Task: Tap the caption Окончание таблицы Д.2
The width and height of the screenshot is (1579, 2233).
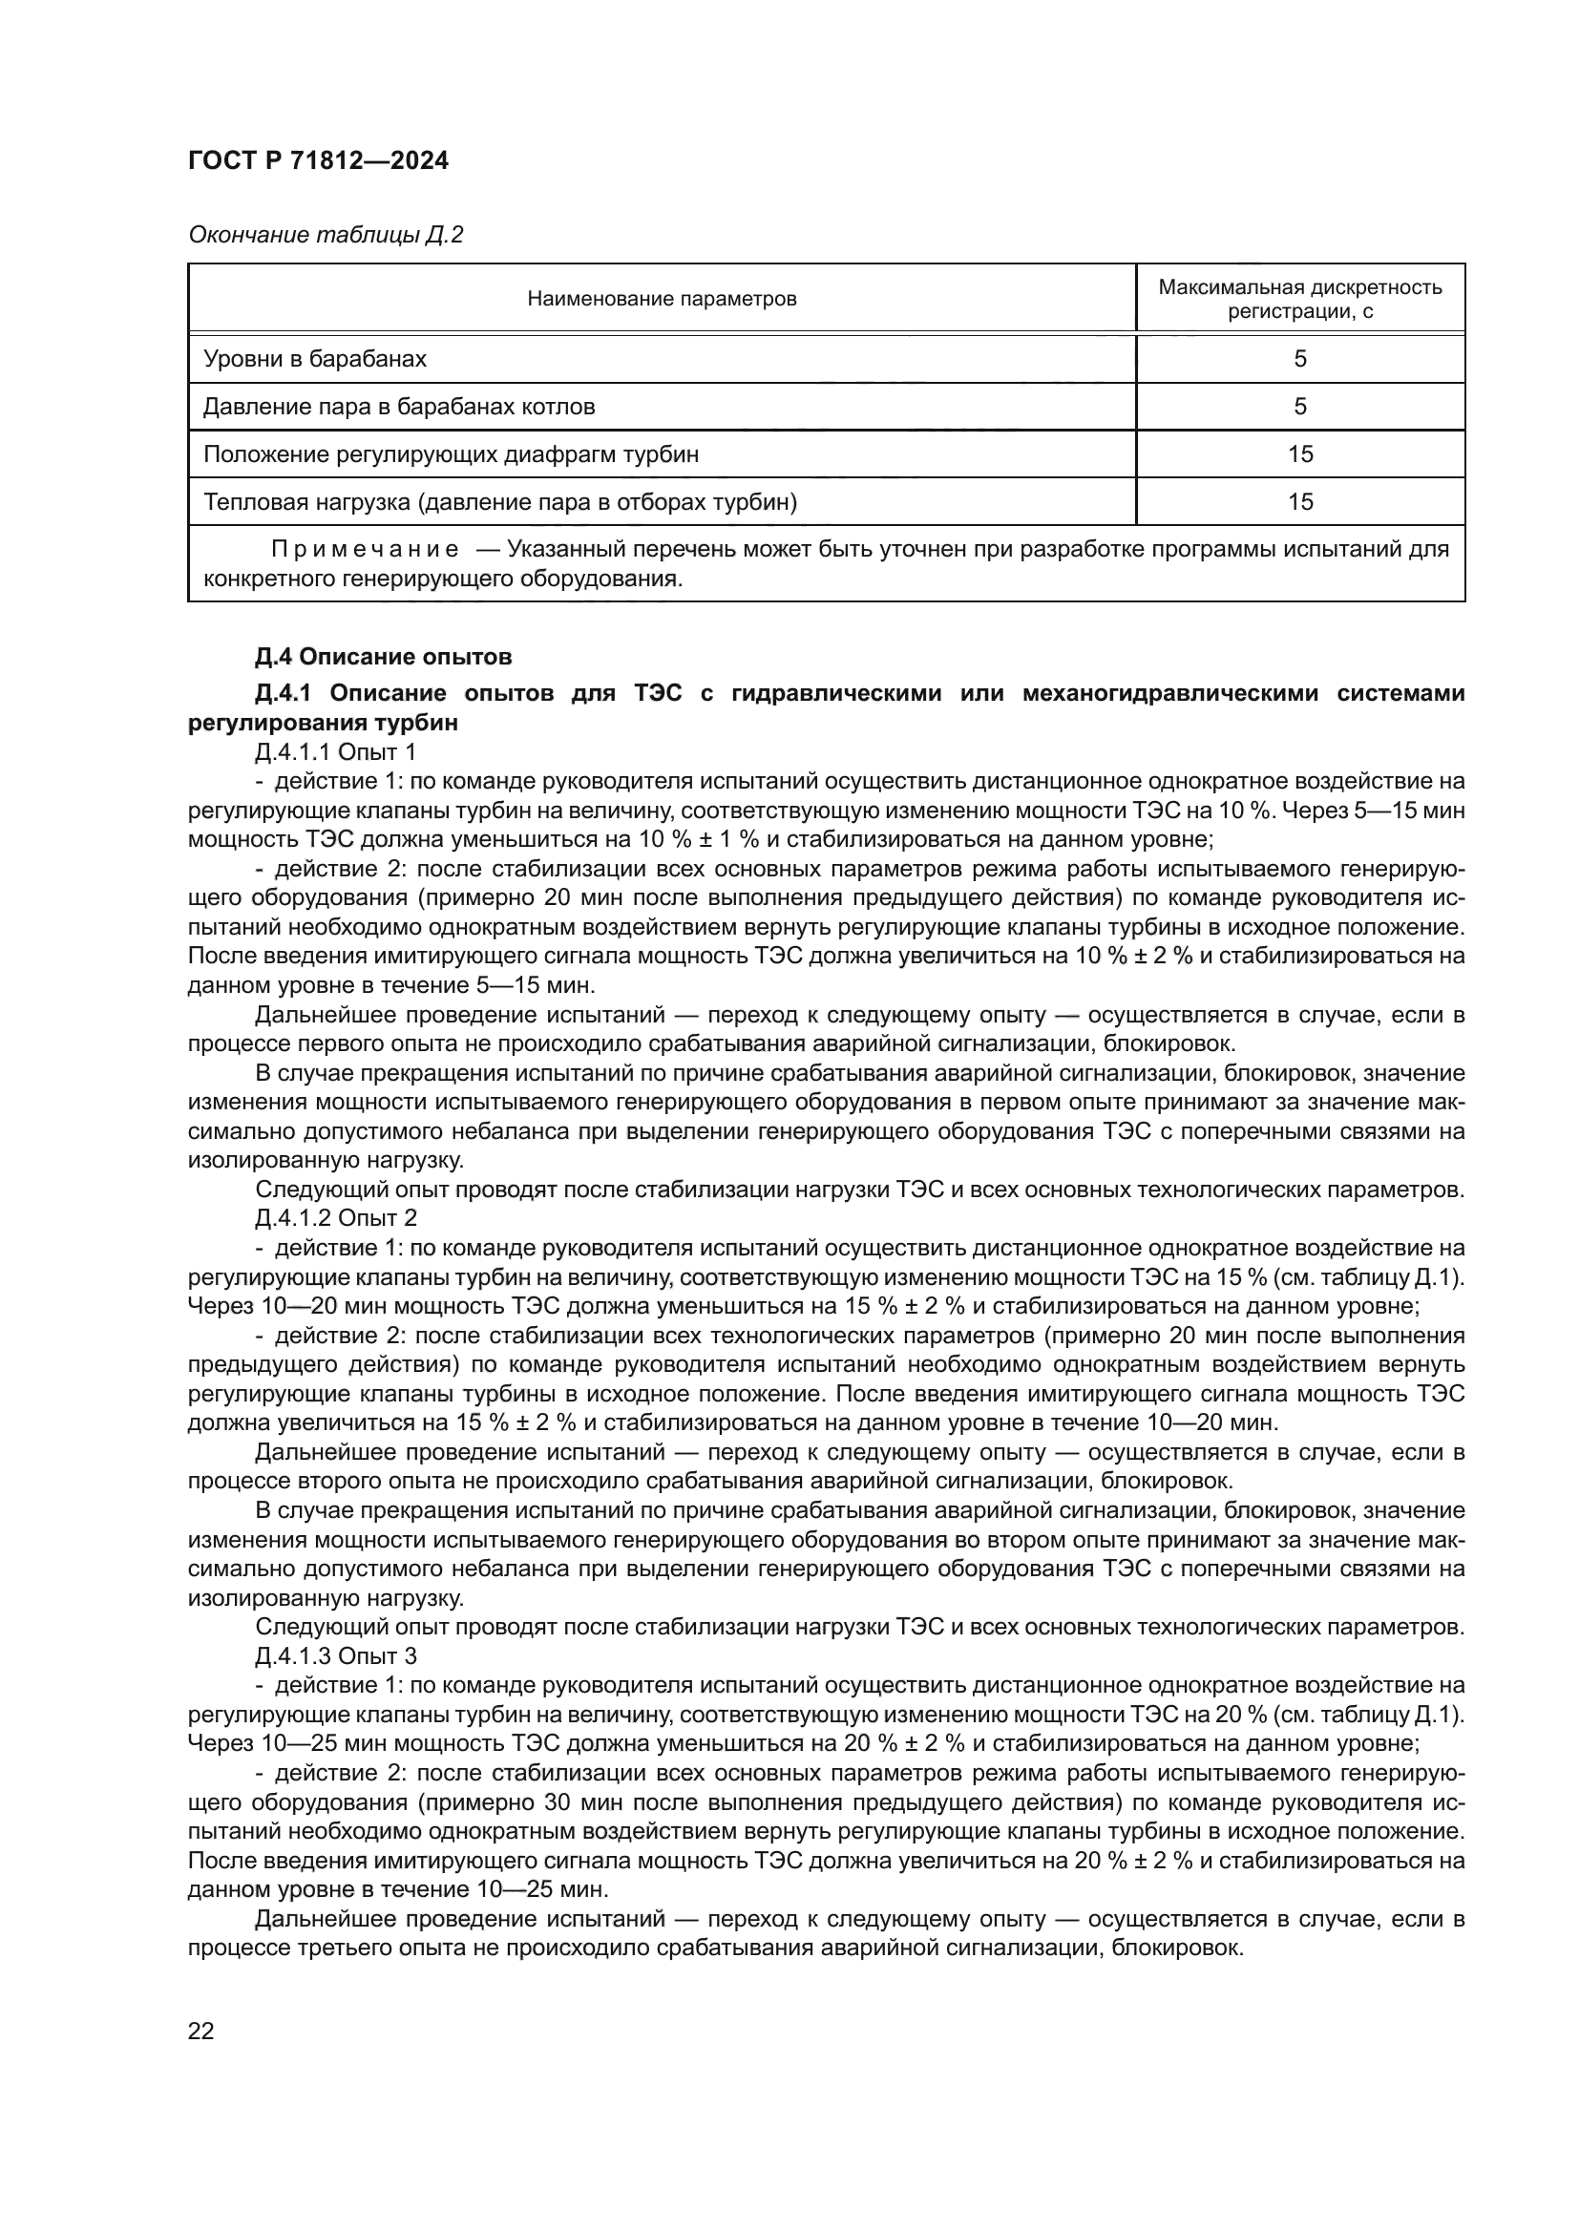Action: pos(325,236)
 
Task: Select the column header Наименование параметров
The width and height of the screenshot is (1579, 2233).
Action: pos(662,299)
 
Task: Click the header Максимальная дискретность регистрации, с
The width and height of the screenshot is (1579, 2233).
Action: pos(1300,299)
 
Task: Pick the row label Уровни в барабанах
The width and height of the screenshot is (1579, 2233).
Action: pos(314,359)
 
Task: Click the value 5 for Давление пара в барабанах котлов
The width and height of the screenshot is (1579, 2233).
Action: pos(1300,407)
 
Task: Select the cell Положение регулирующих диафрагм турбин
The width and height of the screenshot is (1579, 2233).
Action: pos(451,454)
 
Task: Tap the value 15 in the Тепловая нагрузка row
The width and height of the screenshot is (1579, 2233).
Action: pos(1300,502)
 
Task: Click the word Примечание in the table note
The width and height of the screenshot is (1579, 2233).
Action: pos(365,550)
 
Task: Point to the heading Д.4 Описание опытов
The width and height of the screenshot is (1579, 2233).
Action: pos(382,658)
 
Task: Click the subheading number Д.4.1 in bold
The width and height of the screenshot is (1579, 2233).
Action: pos(282,693)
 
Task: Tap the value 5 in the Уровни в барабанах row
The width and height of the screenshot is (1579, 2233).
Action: pos(1300,359)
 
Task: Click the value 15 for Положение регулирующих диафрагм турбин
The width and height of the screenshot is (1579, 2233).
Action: pos(1300,454)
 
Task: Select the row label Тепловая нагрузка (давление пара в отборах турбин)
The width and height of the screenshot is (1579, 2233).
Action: pos(499,502)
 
